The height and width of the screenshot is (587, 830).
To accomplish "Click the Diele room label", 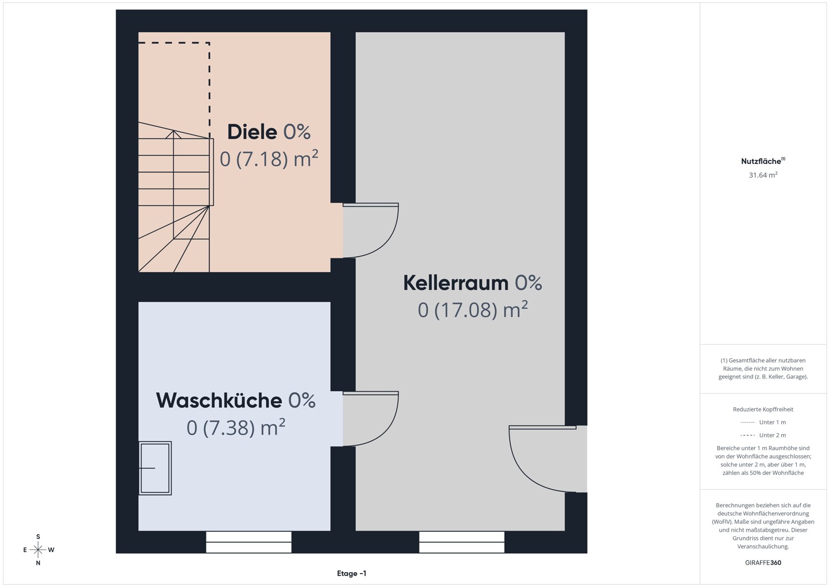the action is pos(252,132).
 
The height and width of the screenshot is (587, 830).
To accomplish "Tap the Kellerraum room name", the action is pos(456,283).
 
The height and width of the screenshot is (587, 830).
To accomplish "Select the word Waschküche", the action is pos(219,401).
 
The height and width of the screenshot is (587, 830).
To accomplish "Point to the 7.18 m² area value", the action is pos(268,159).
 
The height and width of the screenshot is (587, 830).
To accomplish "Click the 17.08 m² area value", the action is pos(473,310).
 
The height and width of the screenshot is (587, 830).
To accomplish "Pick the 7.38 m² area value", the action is pos(236,428).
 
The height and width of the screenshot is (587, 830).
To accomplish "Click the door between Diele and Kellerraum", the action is pos(371,230).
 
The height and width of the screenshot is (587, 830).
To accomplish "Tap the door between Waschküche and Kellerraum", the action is pos(371,418).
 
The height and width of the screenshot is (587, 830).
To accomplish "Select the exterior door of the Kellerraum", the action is pos(543,459).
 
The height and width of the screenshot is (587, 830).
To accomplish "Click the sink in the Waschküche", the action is pos(155,468).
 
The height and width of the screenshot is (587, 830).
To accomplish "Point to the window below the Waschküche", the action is pos(248,542).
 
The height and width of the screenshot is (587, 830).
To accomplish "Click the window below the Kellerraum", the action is pos(461,542).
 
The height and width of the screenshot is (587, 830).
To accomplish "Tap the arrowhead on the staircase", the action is pos(173,134).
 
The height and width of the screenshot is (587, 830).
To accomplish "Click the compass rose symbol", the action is pos(38,549).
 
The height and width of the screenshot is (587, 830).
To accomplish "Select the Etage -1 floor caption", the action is pos(351,573).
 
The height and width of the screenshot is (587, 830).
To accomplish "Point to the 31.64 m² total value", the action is pos(763,175).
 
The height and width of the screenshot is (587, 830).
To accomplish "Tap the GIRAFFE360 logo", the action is pos(763,563).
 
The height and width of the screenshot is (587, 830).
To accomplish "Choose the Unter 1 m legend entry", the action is pos(763,422).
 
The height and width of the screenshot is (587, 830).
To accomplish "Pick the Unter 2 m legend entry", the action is pos(763,435).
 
